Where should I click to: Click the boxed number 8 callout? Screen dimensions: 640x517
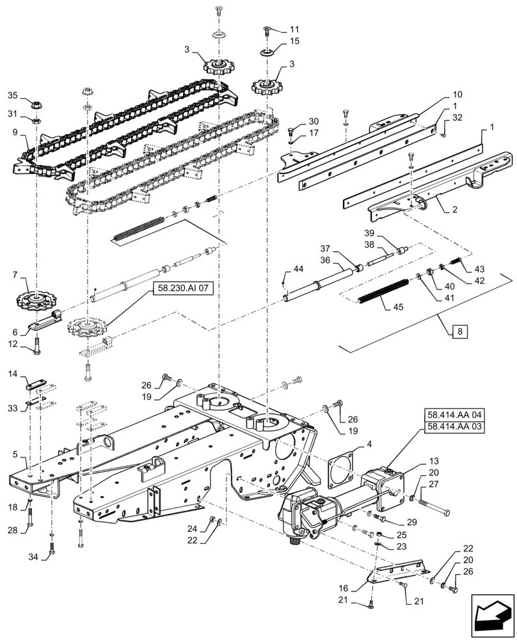460,332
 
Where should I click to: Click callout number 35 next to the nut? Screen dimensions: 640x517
12,95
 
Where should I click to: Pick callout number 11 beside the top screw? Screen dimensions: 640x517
294,29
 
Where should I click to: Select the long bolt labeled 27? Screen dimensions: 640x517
432,511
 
